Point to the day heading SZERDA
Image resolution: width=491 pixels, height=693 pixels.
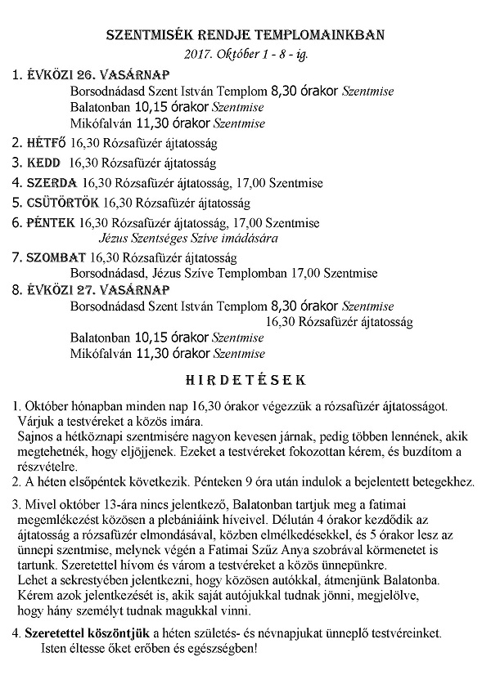click(x=51, y=182)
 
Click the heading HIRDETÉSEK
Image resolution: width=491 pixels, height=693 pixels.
click(x=245, y=380)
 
